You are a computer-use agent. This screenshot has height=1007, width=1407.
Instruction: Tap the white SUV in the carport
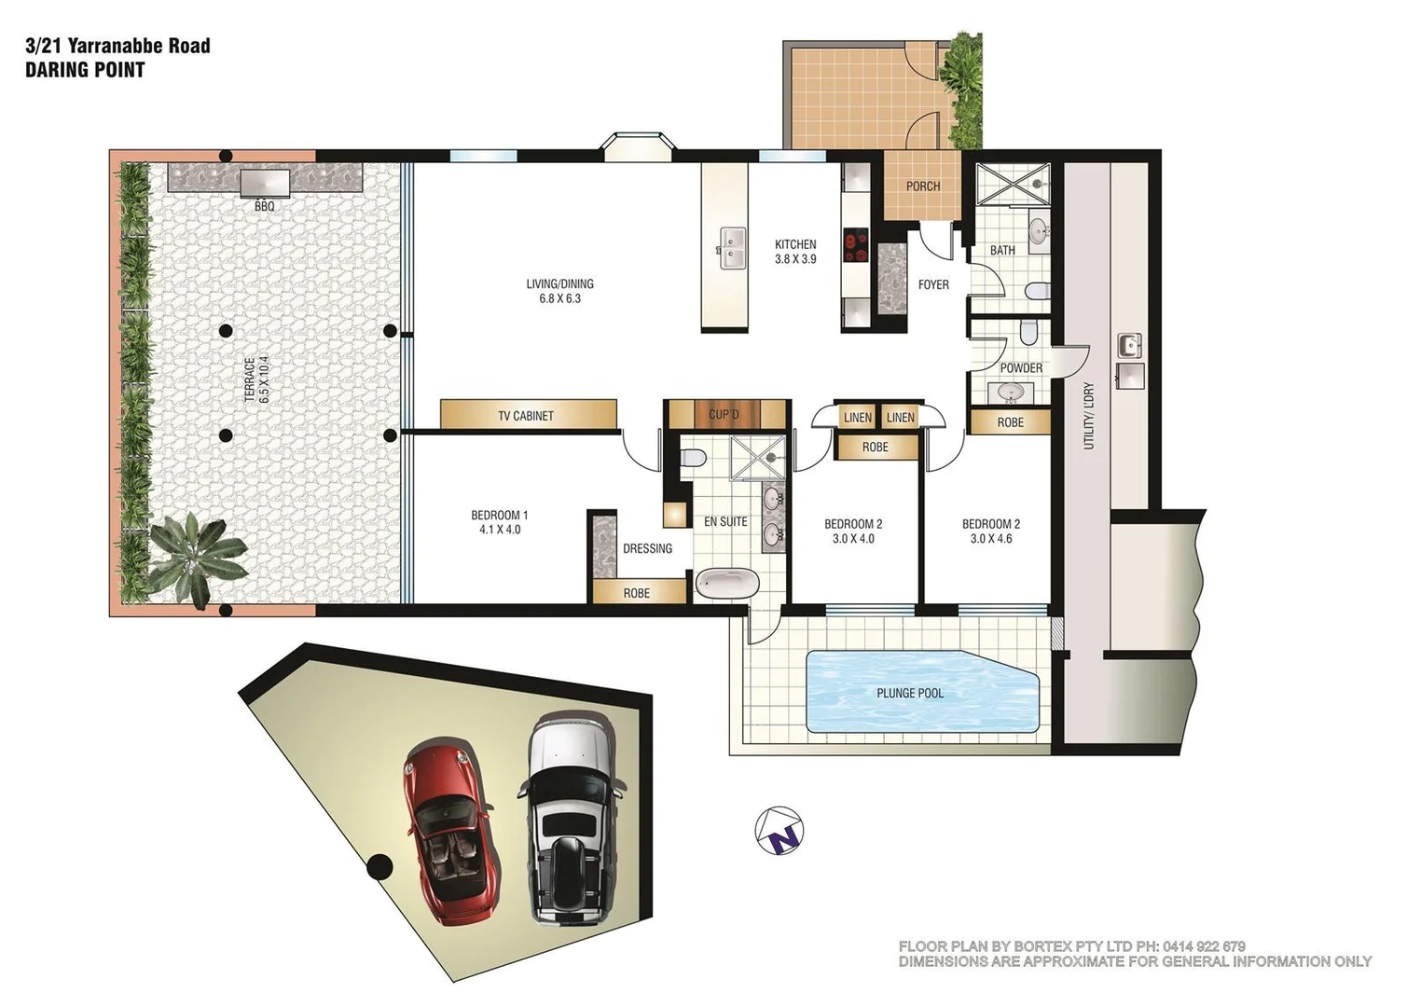[x=571, y=816]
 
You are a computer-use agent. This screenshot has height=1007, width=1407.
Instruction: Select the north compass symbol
[x=779, y=830]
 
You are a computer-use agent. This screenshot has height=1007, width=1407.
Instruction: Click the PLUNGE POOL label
[x=909, y=693]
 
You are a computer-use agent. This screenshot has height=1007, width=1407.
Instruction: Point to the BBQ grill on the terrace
[x=265, y=183]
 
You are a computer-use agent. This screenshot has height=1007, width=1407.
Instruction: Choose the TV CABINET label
[x=526, y=416]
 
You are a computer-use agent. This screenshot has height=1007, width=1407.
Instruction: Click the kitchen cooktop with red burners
[x=855, y=247]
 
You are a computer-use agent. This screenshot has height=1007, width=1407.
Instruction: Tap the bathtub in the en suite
[x=727, y=584]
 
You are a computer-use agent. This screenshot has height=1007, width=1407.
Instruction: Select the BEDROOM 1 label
[x=500, y=515]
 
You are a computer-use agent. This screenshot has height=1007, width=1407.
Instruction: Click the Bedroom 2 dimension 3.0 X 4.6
[x=991, y=539]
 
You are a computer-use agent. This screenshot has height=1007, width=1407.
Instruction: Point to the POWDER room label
[x=1021, y=367]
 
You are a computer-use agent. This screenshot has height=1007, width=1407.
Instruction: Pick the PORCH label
[x=923, y=186]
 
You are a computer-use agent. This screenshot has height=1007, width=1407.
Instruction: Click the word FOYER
[x=933, y=284]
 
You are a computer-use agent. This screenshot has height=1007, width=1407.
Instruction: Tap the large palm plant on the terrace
[x=191, y=557]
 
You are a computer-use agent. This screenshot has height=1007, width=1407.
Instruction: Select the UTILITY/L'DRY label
[x=1088, y=417]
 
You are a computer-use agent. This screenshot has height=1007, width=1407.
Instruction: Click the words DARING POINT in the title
[x=85, y=70]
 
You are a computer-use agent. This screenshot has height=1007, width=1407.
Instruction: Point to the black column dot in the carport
[x=378, y=867]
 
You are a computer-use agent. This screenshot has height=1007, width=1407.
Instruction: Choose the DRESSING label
[x=647, y=548]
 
